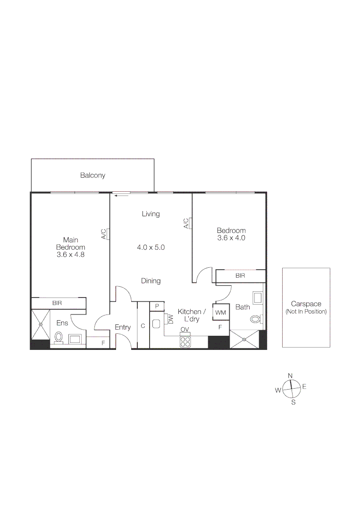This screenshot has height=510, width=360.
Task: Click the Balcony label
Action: coord(92,175)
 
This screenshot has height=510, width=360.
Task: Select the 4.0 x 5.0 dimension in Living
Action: coord(151,247)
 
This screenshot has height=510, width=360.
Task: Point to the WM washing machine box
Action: coord(220,312)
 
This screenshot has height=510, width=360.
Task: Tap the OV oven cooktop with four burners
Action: coord(185,341)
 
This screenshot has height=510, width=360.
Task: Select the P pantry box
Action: coord(157,306)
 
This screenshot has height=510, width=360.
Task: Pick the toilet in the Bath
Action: coord(255,319)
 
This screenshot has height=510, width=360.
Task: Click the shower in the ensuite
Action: coord(41,324)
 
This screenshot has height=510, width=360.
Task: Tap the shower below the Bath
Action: coord(244,339)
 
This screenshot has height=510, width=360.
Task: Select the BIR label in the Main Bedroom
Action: coord(57,303)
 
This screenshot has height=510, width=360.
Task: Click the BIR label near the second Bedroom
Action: coord(240,275)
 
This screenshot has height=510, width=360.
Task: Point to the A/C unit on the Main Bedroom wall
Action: coord(109,234)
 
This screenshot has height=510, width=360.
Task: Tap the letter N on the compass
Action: coord(290,375)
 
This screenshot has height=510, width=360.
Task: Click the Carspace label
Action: coord(306,304)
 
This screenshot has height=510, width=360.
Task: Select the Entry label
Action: coord(123,327)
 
